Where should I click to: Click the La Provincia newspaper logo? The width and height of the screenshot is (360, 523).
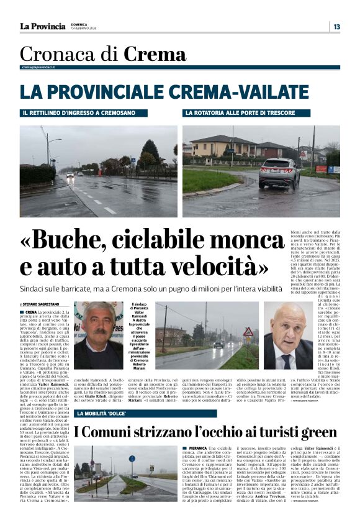42,26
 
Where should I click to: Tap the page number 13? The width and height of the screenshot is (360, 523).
336,26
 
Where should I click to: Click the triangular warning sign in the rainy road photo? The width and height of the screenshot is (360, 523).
248,332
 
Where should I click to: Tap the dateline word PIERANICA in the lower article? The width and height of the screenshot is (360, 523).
197,448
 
